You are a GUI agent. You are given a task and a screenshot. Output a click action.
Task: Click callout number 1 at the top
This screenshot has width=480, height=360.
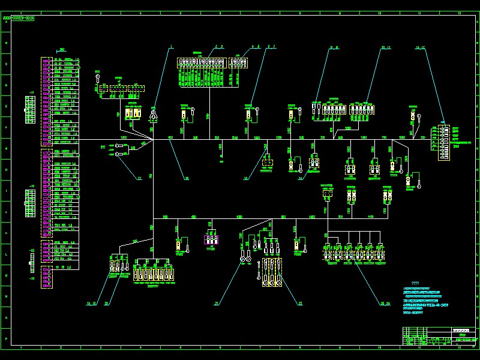click(x=170, y=46)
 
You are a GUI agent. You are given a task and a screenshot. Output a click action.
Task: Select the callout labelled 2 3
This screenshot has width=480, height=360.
click(x=219, y=46)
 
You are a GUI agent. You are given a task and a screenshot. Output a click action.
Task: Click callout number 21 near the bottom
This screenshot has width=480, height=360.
click(x=217, y=304)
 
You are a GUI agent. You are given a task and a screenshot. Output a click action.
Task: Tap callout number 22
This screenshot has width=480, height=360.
click(x=299, y=304)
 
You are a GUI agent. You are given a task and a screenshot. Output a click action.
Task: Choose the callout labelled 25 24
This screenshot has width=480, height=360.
click(x=385, y=304)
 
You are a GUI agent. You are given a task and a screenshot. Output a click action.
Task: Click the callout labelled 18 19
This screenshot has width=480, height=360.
click(x=91, y=304)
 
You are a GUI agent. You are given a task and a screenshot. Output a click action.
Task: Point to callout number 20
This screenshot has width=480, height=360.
click(x=107, y=304)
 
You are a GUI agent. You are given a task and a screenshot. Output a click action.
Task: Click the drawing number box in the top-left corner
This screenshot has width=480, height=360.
click(x=19, y=19)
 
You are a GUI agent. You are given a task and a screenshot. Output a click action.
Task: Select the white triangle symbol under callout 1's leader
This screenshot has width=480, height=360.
click(x=154, y=113)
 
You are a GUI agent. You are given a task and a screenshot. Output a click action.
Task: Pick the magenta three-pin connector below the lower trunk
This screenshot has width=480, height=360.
click(x=211, y=239)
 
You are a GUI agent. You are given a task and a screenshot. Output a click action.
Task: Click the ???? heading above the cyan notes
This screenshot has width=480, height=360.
click(x=415, y=283)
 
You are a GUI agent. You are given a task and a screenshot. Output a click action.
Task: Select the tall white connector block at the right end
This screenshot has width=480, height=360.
click(x=443, y=142)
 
